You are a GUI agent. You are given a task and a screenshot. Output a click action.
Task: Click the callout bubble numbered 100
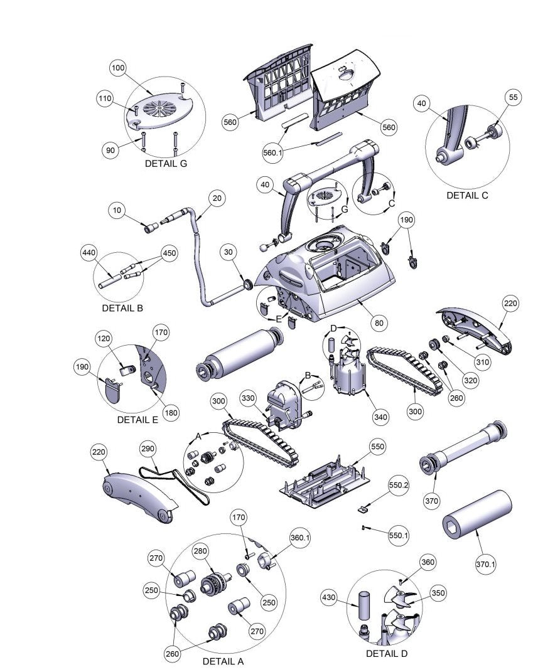click(x=118, y=68)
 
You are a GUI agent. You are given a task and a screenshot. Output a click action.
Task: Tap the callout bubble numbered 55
click(x=514, y=98)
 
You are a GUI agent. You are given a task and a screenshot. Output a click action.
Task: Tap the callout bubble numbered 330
click(x=249, y=398)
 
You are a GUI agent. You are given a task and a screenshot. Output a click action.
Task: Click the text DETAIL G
click(x=166, y=164)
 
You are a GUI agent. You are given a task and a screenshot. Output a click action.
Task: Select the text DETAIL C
click(x=467, y=195)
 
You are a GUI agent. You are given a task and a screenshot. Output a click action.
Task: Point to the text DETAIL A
click(x=223, y=661)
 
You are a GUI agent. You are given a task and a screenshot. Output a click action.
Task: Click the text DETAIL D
click(x=387, y=654)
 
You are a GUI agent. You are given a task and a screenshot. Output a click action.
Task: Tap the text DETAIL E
click(x=138, y=420)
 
